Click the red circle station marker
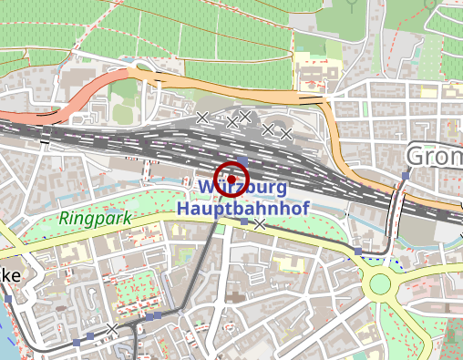click(x=231, y=178)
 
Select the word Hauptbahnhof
click(x=243, y=208)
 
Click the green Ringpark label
click(x=96, y=219)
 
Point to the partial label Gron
click(x=434, y=157)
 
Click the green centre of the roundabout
click(x=380, y=285)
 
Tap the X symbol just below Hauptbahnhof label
click(x=260, y=224)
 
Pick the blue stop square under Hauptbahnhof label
click(x=243, y=221)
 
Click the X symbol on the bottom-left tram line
click(x=112, y=328)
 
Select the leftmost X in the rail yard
click(x=202, y=116)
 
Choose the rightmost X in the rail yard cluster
click(x=286, y=134)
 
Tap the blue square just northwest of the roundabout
click(x=359, y=251)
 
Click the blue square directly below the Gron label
click(x=406, y=175)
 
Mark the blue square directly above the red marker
click(x=242, y=159)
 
